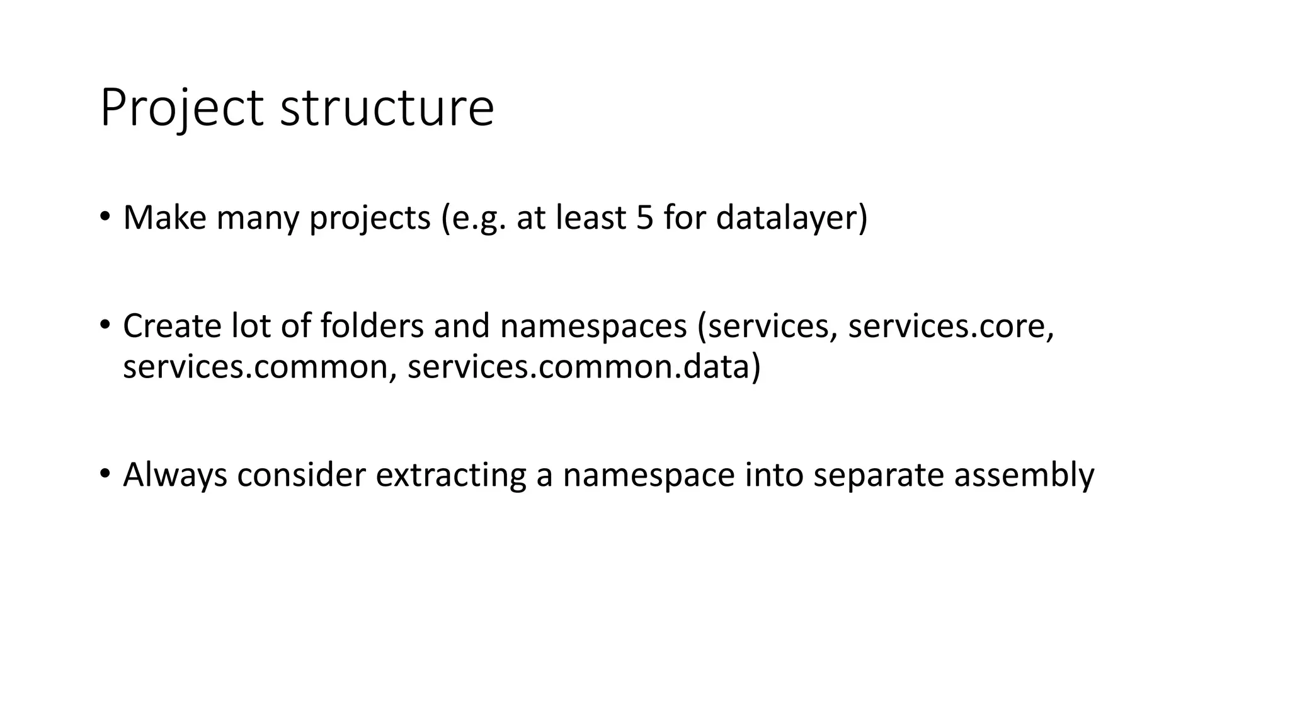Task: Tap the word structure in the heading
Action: pyautogui.click(x=387, y=108)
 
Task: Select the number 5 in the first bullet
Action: pyautogui.click(x=645, y=217)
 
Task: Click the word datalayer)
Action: pyautogui.click(x=791, y=219)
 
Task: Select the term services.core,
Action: pyautogui.click(x=950, y=327)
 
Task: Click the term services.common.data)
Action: pyautogui.click(x=584, y=367)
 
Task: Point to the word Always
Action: pyautogui.click(x=174, y=475)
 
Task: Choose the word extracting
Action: pyautogui.click(x=450, y=475)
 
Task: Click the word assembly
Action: pyautogui.click(x=1024, y=475)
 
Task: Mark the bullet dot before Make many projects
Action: pyautogui.click(x=105, y=217)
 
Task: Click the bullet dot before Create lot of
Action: pyautogui.click(x=105, y=326)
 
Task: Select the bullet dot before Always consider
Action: pyautogui.click(x=105, y=474)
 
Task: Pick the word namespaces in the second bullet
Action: pyautogui.click(x=593, y=327)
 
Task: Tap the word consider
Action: pyautogui.click(x=301, y=475)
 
